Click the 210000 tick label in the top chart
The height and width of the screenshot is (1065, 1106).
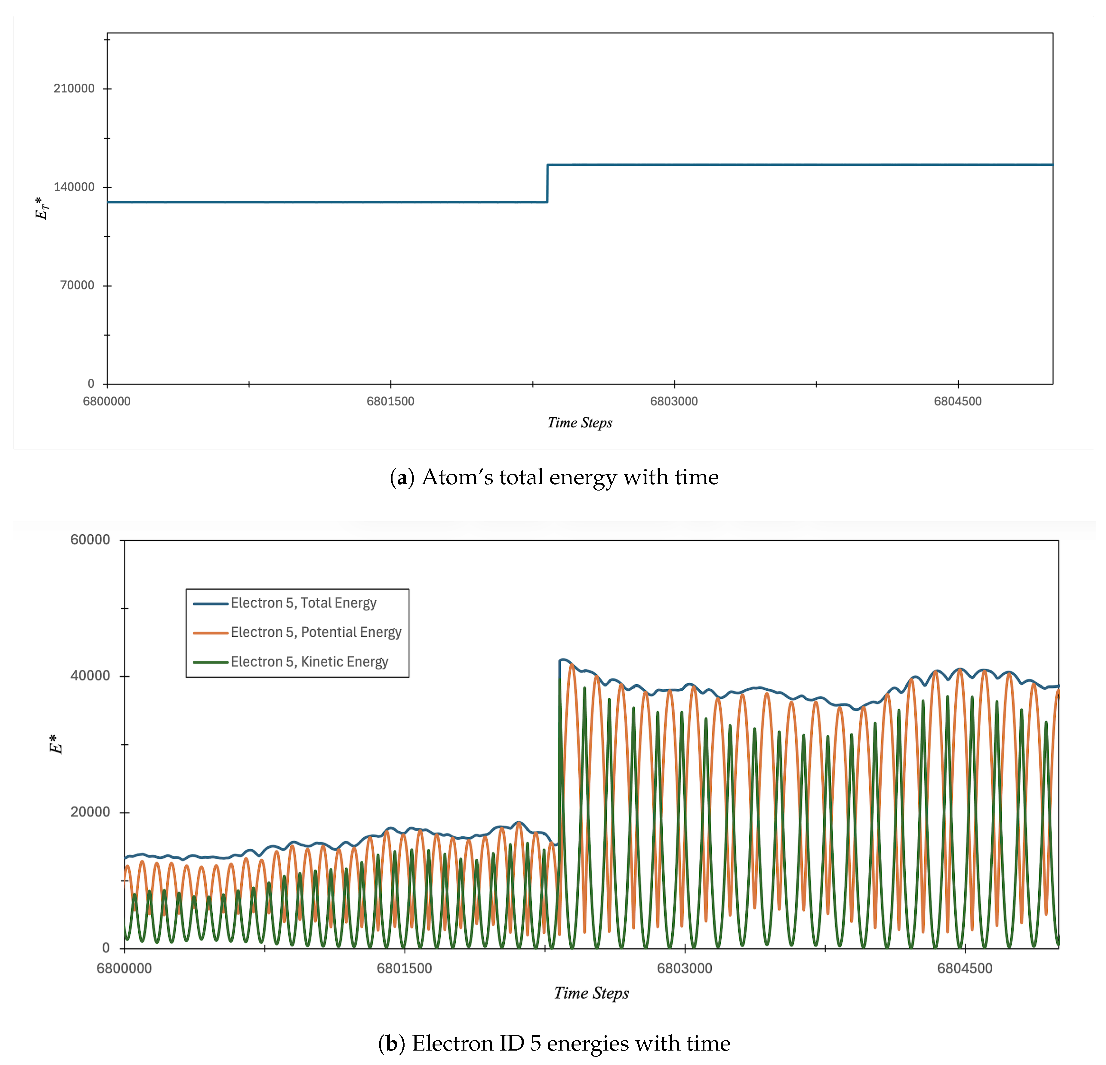pos(74,88)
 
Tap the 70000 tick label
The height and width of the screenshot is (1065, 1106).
pos(77,285)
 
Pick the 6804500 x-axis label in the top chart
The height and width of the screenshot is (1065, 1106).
pos(958,402)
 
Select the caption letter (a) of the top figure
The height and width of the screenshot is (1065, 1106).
pos(402,478)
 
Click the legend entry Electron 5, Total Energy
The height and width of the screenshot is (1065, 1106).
pos(303,603)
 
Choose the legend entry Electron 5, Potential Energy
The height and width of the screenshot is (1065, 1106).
pos(316,632)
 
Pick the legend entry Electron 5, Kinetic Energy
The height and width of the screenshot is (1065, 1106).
pos(309,662)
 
